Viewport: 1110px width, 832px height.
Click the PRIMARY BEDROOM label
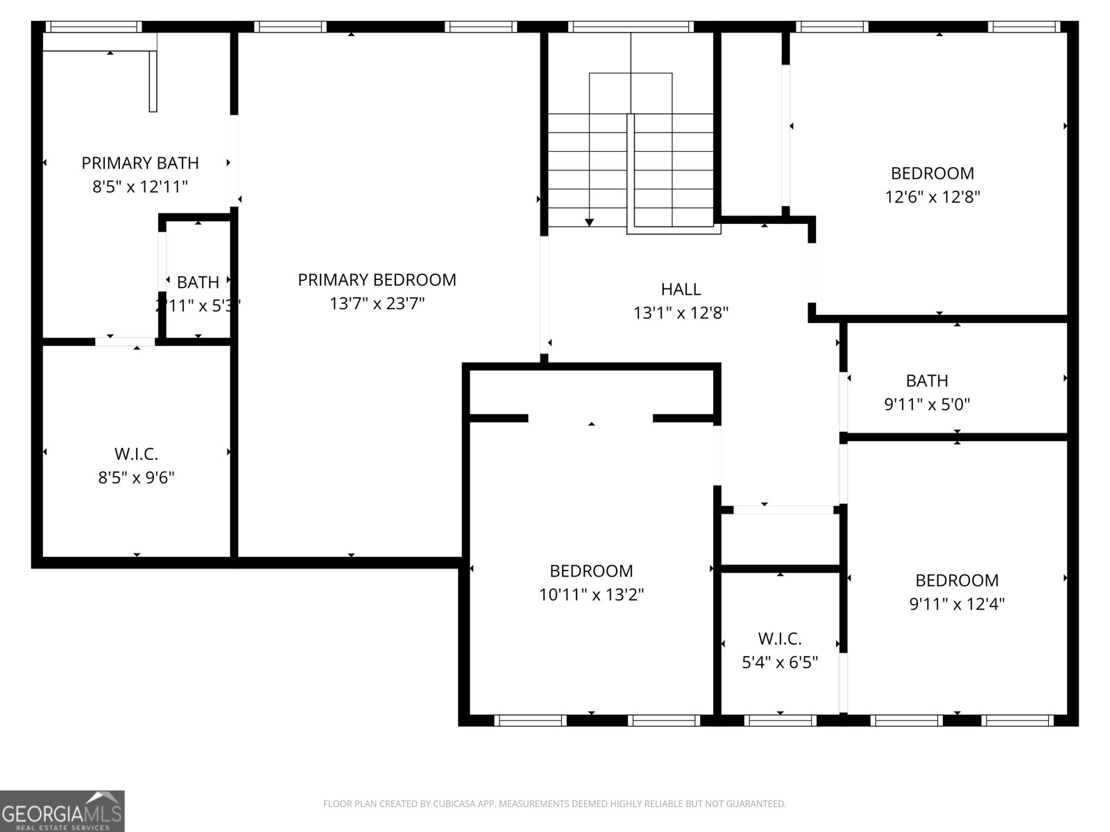[377, 280]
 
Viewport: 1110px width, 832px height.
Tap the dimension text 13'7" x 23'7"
[377, 304]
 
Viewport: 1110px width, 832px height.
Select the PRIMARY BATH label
[140, 163]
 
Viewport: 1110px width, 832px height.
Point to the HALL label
[681, 289]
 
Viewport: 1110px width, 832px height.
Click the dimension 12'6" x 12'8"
[932, 197]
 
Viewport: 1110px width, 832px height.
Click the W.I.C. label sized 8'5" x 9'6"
[136, 454]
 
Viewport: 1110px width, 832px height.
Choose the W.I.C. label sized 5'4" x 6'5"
[780, 639]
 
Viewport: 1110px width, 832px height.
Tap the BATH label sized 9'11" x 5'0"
[927, 381]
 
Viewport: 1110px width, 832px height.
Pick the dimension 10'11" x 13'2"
[591, 595]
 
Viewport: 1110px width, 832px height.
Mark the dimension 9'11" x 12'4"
[957, 604]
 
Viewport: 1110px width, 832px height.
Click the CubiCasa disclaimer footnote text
[554, 804]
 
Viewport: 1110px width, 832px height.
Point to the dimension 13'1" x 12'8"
[681, 313]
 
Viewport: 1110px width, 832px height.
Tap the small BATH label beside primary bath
[198, 283]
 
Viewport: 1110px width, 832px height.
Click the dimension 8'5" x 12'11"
[140, 187]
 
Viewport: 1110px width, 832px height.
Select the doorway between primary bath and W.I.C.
[126, 341]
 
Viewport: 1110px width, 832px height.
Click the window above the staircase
[631, 27]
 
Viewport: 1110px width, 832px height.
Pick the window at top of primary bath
[93, 27]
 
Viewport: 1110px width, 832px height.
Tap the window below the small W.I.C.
[780, 721]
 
